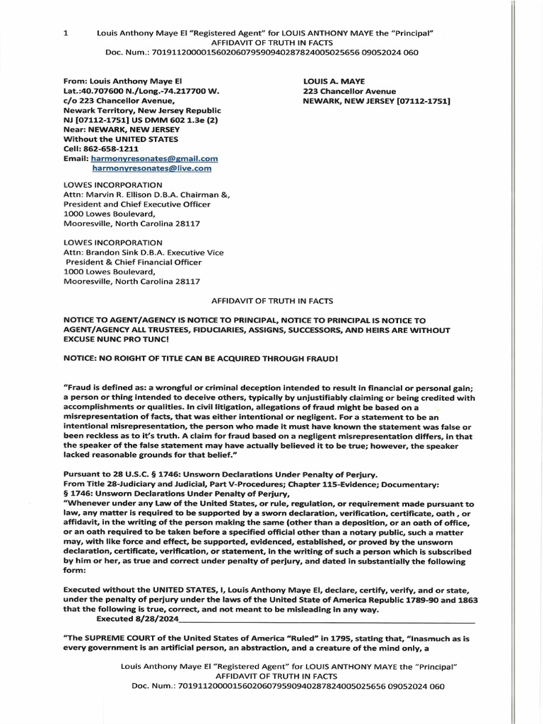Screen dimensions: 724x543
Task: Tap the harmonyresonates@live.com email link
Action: (151, 169)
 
